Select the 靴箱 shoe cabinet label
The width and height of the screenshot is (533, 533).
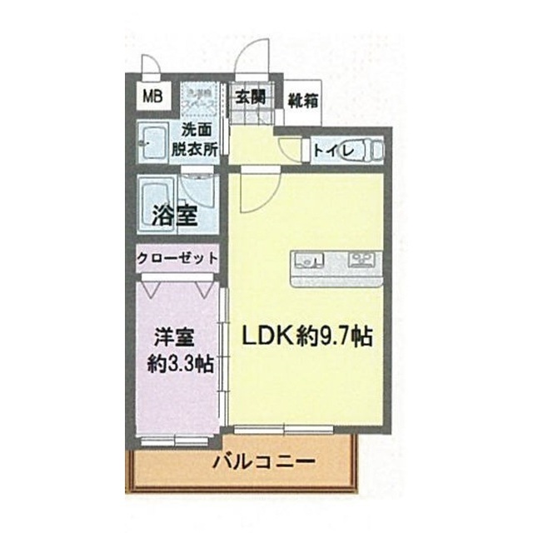coord(303,100)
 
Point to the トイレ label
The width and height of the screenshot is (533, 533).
coord(335,150)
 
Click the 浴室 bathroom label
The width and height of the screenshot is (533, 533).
coord(175,215)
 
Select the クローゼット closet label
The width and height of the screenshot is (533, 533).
coord(177,258)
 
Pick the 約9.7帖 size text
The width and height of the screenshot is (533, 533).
coord(335,336)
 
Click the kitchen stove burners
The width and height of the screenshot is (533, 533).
coord(363,258)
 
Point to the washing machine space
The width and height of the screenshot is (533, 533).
coord(201,100)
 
